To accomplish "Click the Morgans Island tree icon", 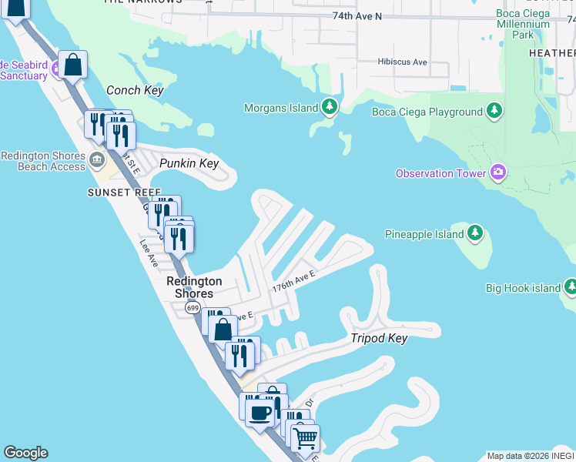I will click(x=330, y=106).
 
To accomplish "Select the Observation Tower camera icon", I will click(x=497, y=172).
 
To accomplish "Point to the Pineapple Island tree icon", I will click(x=475, y=233).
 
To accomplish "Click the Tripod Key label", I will click(x=378, y=339).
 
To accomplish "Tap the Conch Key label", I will click(x=135, y=90).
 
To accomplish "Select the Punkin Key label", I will click(x=189, y=163).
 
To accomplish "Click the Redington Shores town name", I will click(x=194, y=287).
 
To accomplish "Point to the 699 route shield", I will click(x=192, y=308).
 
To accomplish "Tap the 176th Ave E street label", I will click(x=294, y=279).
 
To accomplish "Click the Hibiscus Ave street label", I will click(x=402, y=62).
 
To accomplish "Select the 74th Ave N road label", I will click(x=357, y=15).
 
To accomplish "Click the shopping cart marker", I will click(x=306, y=439).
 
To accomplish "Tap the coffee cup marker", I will click(x=260, y=412).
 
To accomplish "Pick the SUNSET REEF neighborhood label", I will click(x=124, y=192).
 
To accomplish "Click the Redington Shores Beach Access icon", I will click(x=97, y=160).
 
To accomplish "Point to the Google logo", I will click(x=25, y=452).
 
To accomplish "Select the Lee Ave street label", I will click(x=148, y=251).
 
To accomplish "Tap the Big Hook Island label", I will click(x=523, y=288).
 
